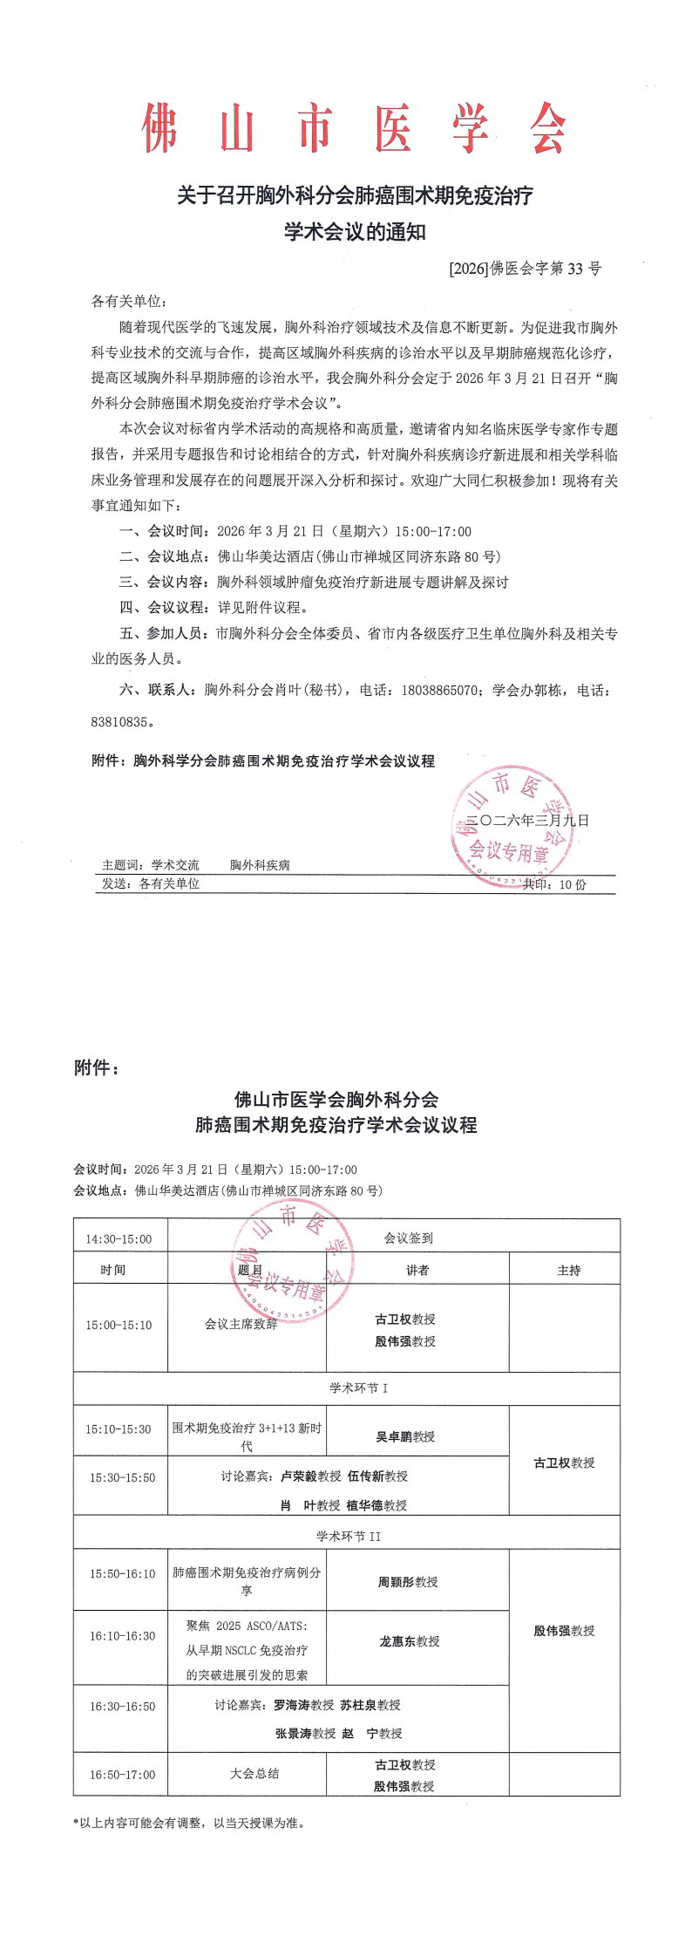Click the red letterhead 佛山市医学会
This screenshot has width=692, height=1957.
click(x=354, y=128)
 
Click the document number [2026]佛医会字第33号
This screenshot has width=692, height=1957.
click(x=525, y=269)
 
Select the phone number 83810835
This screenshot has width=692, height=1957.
click(x=121, y=722)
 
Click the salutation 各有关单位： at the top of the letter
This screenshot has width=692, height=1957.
click(x=128, y=302)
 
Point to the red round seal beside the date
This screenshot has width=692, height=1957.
click(x=512, y=824)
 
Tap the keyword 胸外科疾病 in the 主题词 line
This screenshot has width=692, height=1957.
click(x=260, y=865)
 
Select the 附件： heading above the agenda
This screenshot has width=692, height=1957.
click(x=96, y=1068)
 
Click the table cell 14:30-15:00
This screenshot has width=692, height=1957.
click(x=119, y=1239)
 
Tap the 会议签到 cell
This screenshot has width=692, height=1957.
click(x=408, y=1238)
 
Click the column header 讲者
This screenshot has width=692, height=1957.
click(x=417, y=1271)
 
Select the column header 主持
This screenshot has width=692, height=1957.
click(x=568, y=1271)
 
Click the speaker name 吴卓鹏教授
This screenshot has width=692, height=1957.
click(x=405, y=1436)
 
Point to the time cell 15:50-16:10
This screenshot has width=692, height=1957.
click(x=122, y=1574)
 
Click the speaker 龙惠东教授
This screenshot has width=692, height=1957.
click(x=409, y=1641)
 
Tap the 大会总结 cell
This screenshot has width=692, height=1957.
click(x=254, y=1773)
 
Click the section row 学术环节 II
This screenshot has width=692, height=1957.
click(x=348, y=1537)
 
